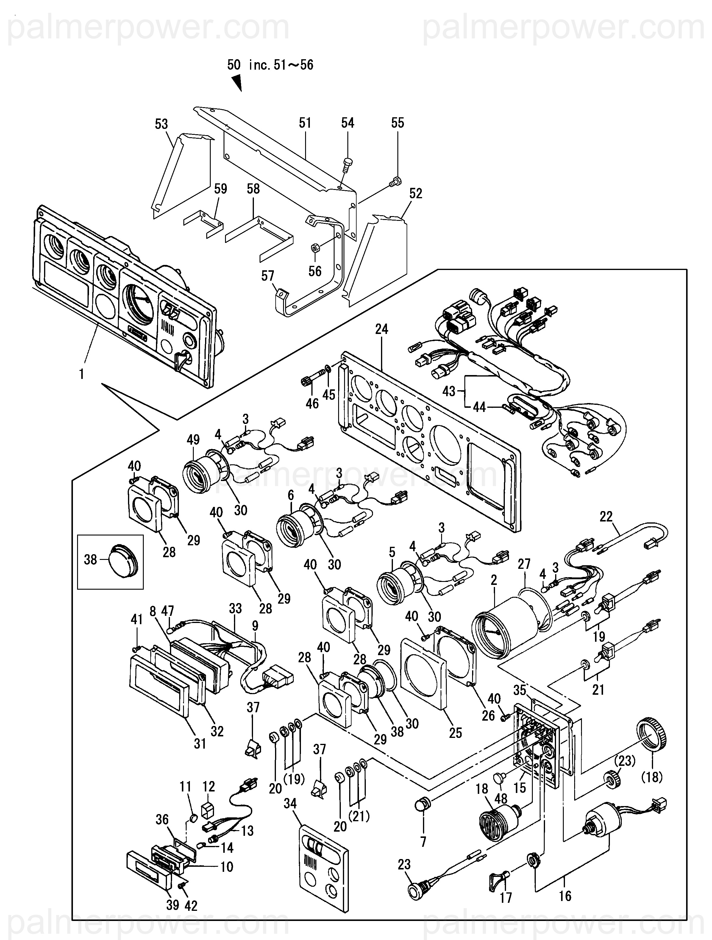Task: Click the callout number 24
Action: click(381, 329)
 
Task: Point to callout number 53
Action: click(162, 124)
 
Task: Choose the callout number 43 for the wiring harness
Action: click(449, 391)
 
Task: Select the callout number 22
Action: click(606, 516)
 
